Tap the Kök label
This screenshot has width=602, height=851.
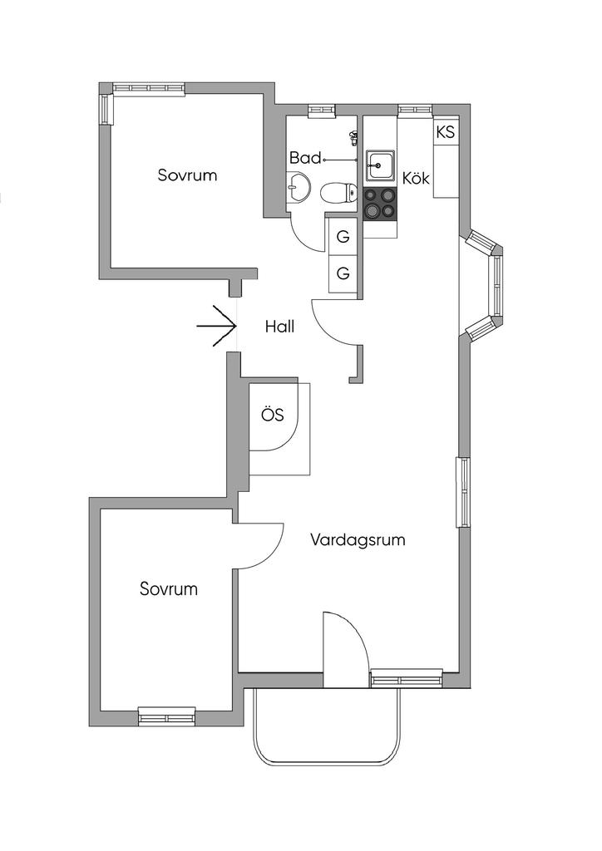tap(416, 178)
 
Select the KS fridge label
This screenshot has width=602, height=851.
tap(445, 132)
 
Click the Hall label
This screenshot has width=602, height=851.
tap(280, 327)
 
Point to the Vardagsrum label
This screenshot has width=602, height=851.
tap(358, 539)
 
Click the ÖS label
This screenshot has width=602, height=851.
tap(273, 416)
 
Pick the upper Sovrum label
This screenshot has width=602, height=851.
tap(187, 175)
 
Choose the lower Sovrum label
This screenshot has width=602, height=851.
tap(169, 589)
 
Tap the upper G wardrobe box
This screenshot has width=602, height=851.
tap(343, 237)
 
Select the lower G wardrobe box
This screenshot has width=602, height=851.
tap(343, 273)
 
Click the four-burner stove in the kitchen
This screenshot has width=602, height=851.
tap(380, 204)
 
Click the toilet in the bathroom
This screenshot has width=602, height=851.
tap(337, 194)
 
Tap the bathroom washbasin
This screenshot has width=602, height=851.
tap(297, 189)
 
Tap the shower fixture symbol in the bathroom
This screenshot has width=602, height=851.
tap(354, 137)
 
